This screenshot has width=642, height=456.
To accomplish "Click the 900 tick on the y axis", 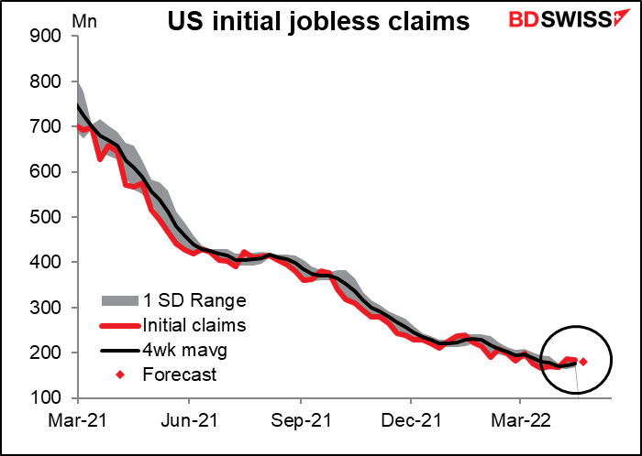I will point(47,37).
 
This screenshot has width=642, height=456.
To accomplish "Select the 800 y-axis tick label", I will point(47,81).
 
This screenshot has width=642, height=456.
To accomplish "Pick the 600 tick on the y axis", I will point(47,172).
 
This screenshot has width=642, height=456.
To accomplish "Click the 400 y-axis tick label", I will point(47,263).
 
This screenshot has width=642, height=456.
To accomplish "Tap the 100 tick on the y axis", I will point(47,398).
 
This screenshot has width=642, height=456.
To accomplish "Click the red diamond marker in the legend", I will point(116,374).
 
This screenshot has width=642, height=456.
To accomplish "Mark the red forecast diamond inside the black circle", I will point(583,362).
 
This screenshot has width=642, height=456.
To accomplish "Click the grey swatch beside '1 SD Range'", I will point(116,299).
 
